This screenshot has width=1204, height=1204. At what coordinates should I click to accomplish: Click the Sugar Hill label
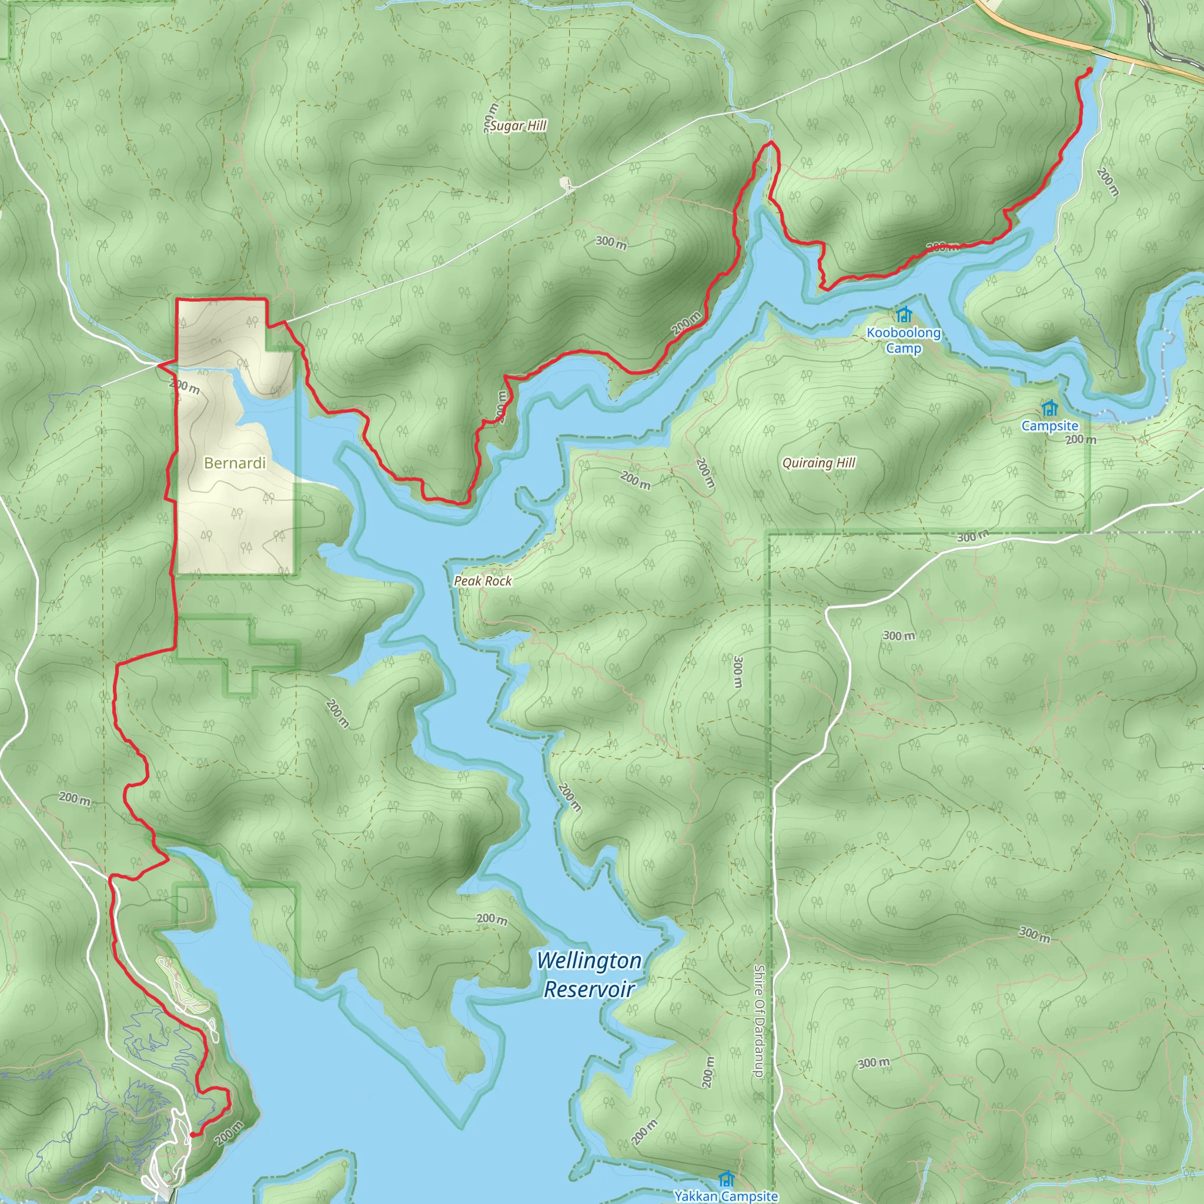[x=518, y=126]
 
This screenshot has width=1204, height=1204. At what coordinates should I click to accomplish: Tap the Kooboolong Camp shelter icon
[x=904, y=315]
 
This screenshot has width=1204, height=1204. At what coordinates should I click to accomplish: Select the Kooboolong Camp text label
[x=904, y=340]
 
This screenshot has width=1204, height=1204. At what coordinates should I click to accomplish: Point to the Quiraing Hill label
[x=819, y=463]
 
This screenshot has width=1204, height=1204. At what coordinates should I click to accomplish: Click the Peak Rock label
[x=483, y=581]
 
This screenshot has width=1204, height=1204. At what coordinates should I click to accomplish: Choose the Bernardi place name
[x=235, y=463]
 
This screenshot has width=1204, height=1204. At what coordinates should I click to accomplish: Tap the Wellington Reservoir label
[x=589, y=975]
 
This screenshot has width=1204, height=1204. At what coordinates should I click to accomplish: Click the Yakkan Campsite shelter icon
[x=726, y=1179]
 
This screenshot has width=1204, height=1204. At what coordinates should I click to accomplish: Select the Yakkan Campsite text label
[x=726, y=1196]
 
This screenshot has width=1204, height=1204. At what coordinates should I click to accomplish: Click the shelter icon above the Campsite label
[x=1050, y=408]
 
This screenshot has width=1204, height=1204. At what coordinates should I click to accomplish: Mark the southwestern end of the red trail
[x=192, y=1135]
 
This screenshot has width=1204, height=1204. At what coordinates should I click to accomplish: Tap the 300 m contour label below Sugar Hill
[x=611, y=242]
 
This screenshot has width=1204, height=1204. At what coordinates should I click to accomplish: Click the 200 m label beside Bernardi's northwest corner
[x=185, y=386]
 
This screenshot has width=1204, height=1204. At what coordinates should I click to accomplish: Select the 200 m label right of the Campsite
[x=1081, y=439]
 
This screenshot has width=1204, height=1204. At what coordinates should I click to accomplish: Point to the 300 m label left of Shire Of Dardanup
[x=738, y=671]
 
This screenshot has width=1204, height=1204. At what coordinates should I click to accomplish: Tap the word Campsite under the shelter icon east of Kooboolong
[x=1050, y=426]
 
